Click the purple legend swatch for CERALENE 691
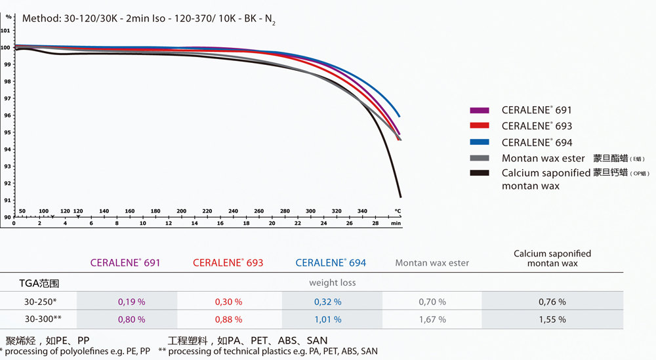click(480, 110)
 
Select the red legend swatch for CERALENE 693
click(480, 126)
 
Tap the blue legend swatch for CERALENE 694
click(480, 142)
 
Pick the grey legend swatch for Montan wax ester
click(480, 158)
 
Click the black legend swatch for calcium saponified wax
click(480, 173)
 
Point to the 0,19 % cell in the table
click(131, 302)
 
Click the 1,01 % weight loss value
click(328, 319)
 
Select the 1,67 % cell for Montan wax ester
click(432, 319)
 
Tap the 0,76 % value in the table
click(552, 302)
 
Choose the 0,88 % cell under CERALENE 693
click(228, 319)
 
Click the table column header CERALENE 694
click(331, 263)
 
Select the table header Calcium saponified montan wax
click(552, 258)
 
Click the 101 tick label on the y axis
click(6, 30)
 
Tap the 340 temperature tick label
click(362, 211)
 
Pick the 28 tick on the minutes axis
click(375, 224)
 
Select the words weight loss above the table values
click(333, 283)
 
